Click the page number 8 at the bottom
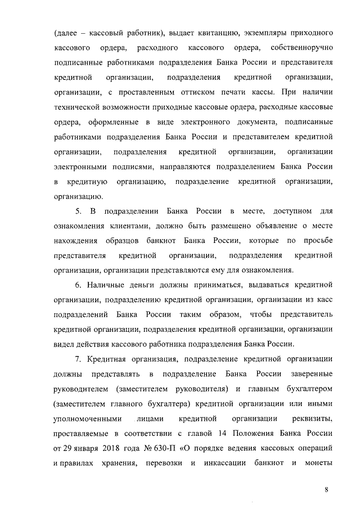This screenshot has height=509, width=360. pyautogui.click(x=326, y=489)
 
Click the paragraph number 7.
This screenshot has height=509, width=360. pyautogui.click(x=78, y=359)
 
